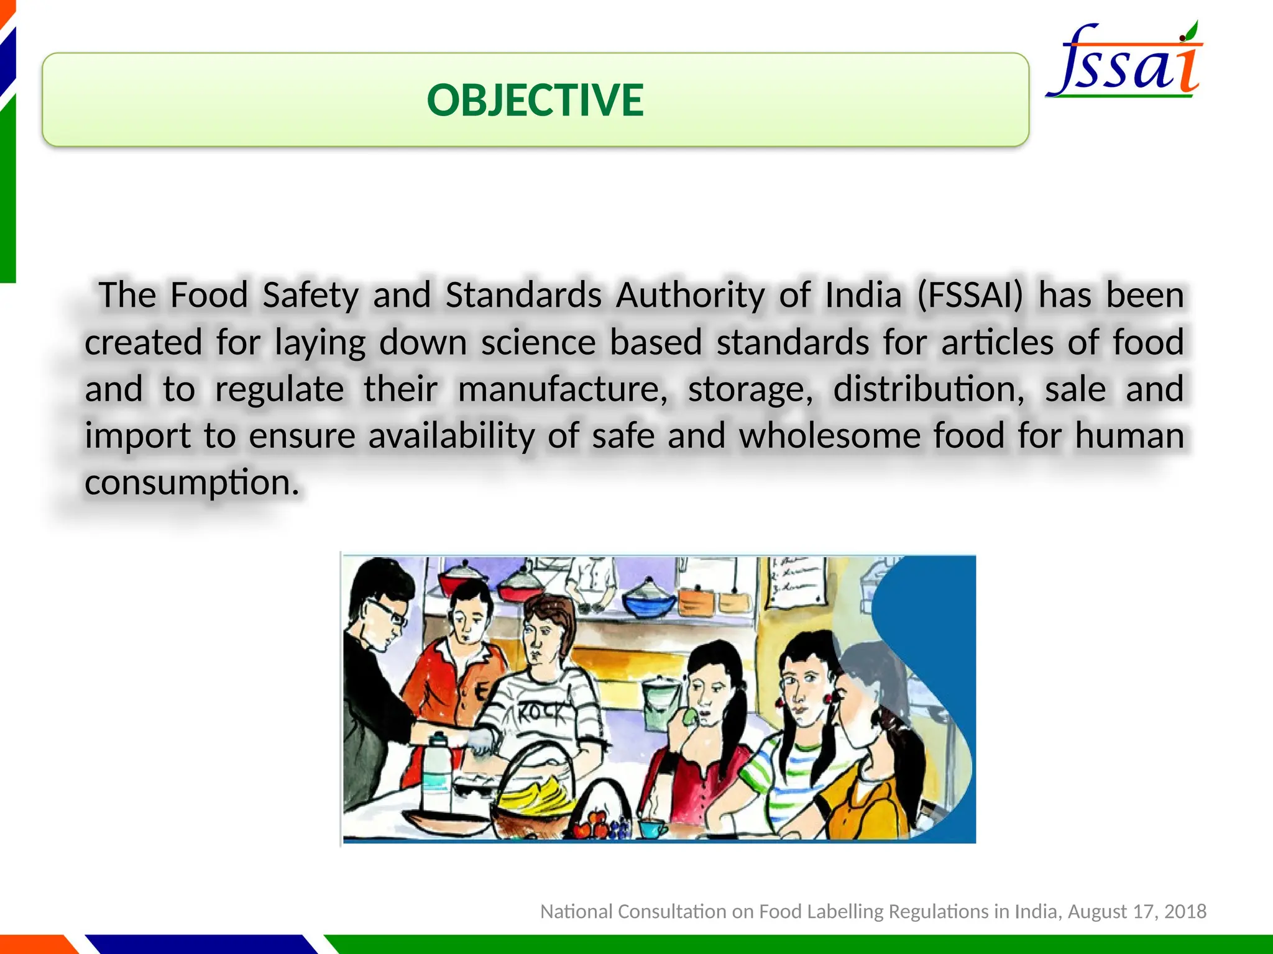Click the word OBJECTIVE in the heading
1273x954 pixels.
tap(535, 100)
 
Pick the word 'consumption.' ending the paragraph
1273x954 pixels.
tap(192, 483)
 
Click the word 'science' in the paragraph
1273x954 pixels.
tap(538, 342)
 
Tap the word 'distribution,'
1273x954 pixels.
tap(929, 389)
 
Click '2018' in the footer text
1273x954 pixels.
tap(1185, 911)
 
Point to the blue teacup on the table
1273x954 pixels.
tap(651, 828)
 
